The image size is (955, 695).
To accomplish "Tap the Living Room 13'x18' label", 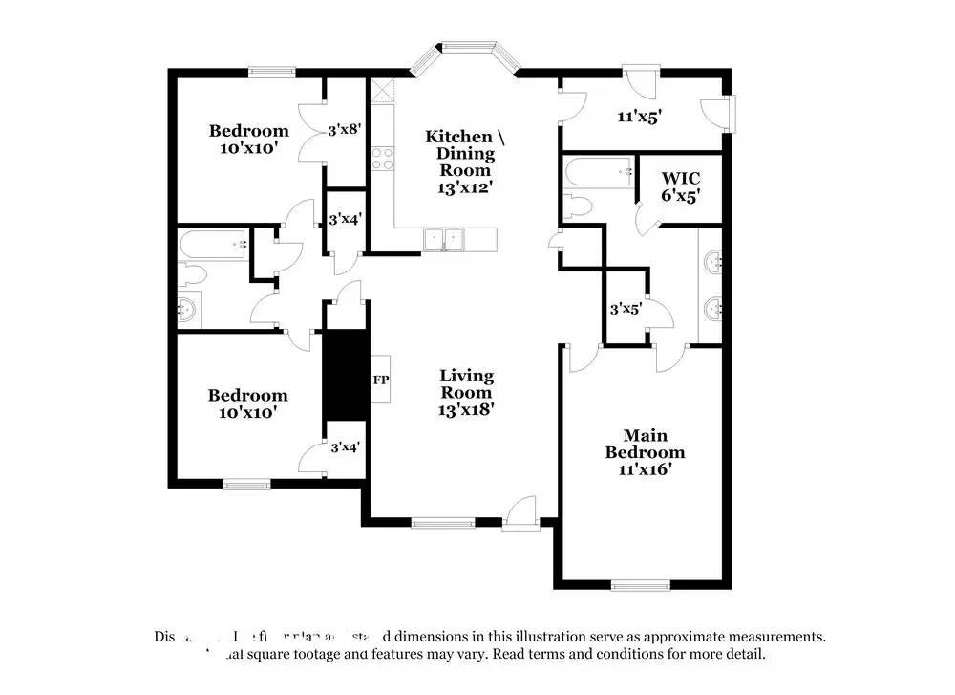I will pos(466,392).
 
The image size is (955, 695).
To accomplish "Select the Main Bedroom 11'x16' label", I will pos(645,452).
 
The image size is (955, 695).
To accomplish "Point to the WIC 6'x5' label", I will pos(681,186).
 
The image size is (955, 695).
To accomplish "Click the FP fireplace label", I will pos(380,380).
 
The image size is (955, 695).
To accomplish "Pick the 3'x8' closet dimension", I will pos(345,129).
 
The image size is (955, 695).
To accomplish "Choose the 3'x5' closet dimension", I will pos(626,309).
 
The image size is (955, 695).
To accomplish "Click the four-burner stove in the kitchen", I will pos(383,158).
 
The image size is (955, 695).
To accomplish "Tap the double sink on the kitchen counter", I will pos(444,239).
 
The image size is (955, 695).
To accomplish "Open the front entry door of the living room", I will pos(521,513).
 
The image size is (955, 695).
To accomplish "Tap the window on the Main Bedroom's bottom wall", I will pos(640,584).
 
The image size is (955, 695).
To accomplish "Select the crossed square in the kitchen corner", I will pos(382,90).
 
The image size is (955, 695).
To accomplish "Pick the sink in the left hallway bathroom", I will pos(188,309).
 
